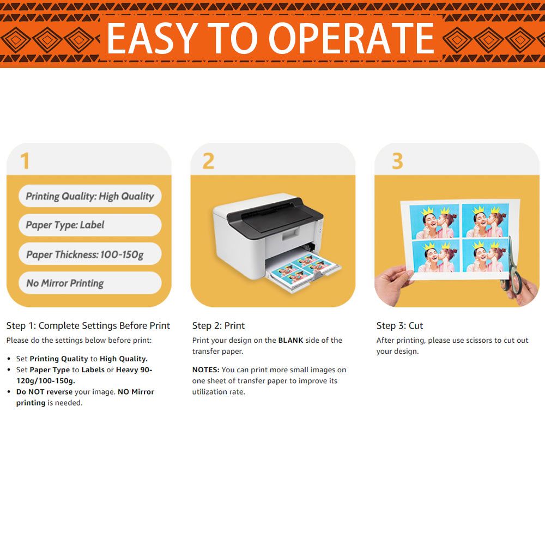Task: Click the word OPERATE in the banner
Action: pos(352,38)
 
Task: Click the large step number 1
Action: pos(25,161)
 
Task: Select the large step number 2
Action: pos(208,161)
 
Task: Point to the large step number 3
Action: pos(398,161)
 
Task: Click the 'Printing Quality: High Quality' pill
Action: pos(90,196)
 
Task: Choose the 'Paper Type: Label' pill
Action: pos(90,225)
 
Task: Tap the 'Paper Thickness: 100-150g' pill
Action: pos(90,254)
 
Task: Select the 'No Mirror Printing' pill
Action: pos(90,283)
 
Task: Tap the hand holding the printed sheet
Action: pos(392,284)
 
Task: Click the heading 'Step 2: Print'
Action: pos(219,326)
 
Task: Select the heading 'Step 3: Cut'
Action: pos(399,326)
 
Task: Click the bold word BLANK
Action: pos(290,340)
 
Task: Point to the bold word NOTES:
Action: pos(206,370)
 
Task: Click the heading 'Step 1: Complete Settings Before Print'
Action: pos(88,326)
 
